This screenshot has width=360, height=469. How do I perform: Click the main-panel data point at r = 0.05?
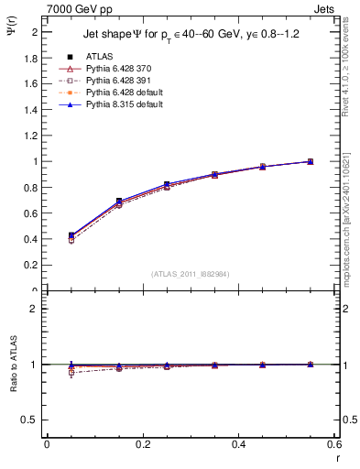(71, 235)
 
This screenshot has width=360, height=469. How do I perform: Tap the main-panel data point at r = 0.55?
(310, 161)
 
